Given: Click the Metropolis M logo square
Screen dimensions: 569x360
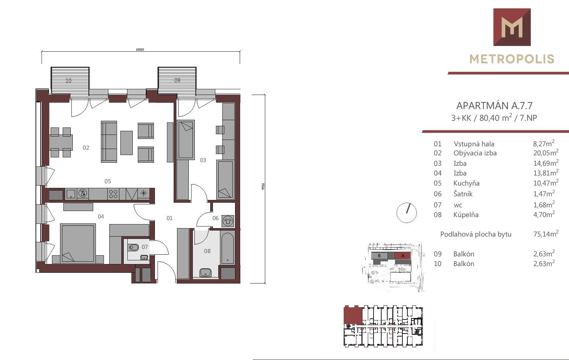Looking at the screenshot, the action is point(512,27).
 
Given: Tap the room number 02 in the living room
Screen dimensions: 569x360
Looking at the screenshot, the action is point(86,148).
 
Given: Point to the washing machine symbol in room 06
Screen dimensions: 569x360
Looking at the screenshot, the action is point(228,221).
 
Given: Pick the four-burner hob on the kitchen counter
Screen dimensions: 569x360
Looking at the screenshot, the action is point(113,194).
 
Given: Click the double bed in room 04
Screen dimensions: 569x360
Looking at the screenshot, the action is point(78,243).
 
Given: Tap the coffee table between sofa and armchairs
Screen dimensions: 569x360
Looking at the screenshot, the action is point(126,143).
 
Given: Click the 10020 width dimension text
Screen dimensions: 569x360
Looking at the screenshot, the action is point(140,50).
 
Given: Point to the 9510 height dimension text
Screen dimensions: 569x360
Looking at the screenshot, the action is point(263,186).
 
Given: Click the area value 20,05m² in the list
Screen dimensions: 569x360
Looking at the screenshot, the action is point(546,153).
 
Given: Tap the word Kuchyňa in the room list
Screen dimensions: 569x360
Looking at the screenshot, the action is point(466,183).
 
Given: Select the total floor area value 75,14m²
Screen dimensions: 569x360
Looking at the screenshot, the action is point(546,234).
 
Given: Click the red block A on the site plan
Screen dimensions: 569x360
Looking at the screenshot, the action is point(403,256).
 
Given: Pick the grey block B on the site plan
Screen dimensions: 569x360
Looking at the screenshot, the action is point(379,256).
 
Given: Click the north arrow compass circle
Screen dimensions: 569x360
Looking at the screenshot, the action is point(406,213).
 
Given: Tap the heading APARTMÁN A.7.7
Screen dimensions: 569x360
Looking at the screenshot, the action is point(494,105).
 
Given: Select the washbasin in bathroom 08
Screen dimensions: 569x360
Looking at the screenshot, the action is point(206,272).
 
